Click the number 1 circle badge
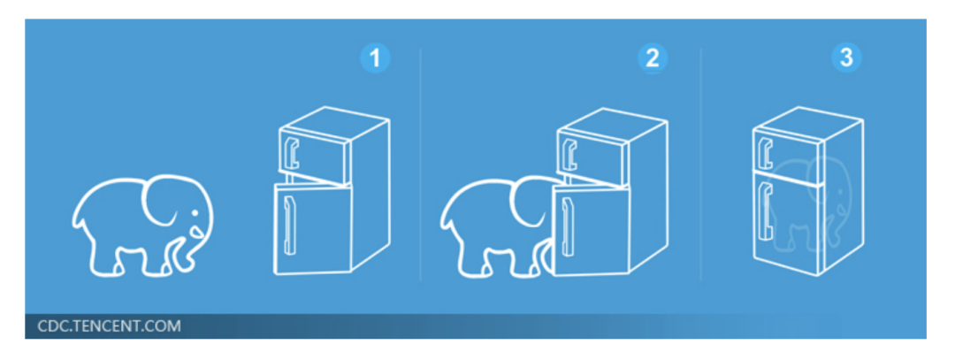375,59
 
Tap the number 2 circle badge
653,59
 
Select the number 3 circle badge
846,57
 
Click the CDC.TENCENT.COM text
109,326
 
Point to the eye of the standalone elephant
195,214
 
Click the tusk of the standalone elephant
196,232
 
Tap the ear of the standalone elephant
163,202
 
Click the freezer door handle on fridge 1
293,152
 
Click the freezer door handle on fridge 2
570,154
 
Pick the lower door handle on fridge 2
569,227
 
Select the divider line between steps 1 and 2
420,165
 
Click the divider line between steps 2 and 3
700,165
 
